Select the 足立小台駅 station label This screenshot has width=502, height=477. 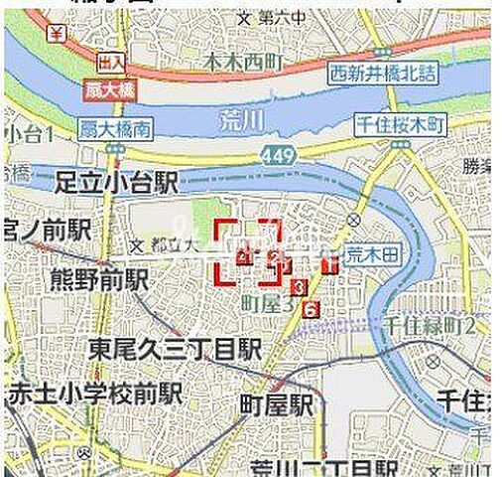click(x=116, y=182)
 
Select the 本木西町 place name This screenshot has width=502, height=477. click(x=242, y=63)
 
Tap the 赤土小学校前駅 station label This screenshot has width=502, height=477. click(x=93, y=392)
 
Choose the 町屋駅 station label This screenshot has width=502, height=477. click(x=276, y=403)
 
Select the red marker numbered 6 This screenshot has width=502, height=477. click(x=312, y=309)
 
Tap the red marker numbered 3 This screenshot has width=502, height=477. click(x=300, y=287)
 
